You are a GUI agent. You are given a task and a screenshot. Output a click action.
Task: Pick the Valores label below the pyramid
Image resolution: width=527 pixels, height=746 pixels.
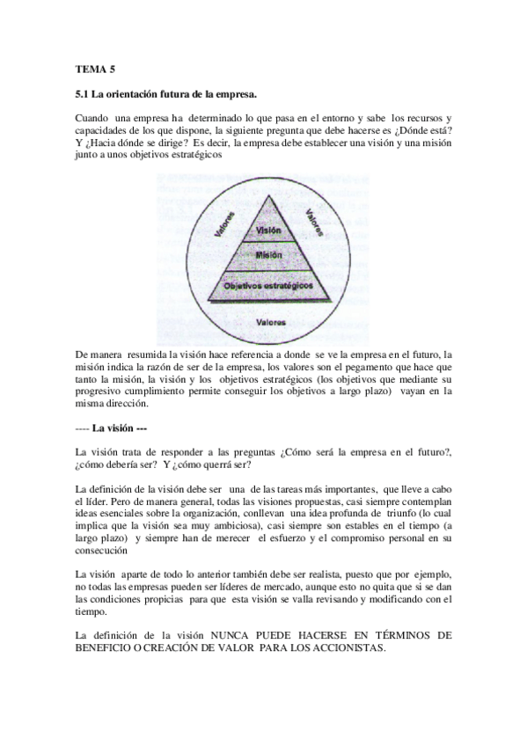[269, 322]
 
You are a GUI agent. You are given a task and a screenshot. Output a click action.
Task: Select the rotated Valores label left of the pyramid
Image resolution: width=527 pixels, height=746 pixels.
[224, 223]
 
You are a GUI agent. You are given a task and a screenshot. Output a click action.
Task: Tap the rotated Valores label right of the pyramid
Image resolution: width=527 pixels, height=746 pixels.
[313, 220]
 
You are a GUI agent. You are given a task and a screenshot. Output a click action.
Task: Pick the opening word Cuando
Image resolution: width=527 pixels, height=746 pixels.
[92, 118]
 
